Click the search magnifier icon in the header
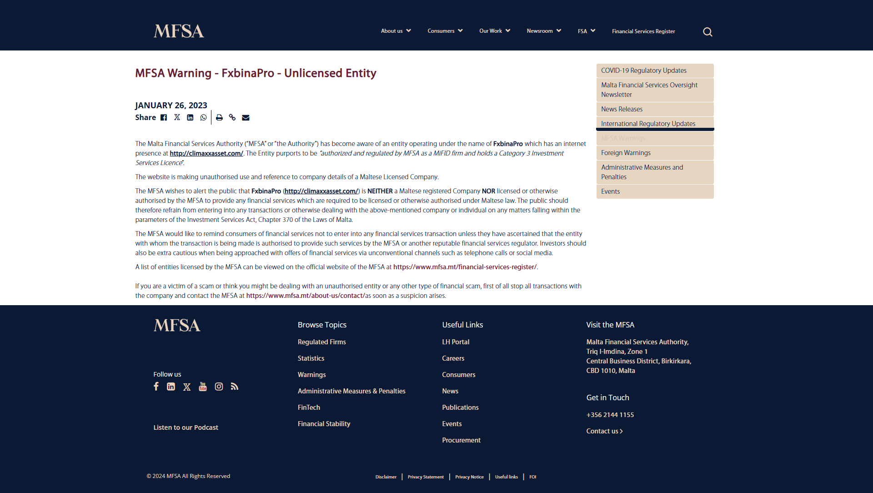tap(707, 32)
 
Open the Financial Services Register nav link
tap(643, 31)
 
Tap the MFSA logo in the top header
tap(179, 31)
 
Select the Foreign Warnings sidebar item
tap(626, 153)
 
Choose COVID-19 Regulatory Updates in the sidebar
tap(643, 70)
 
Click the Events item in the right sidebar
tap(610, 191)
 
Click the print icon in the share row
tap(219, 117)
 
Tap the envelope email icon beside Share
tap(246, 117)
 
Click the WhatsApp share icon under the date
tap(203, 117)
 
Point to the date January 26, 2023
tap(171, 106)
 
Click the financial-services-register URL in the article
tap(465, 267)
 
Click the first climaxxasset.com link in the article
tap(206, 153)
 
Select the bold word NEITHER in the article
tap(380, 191)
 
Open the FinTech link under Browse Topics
tap(309, 407)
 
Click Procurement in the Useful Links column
tap(461, 440)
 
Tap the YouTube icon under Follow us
tap(203, 387)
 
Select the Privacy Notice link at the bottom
tap(469, 477)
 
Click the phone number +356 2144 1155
tap(610, 415)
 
